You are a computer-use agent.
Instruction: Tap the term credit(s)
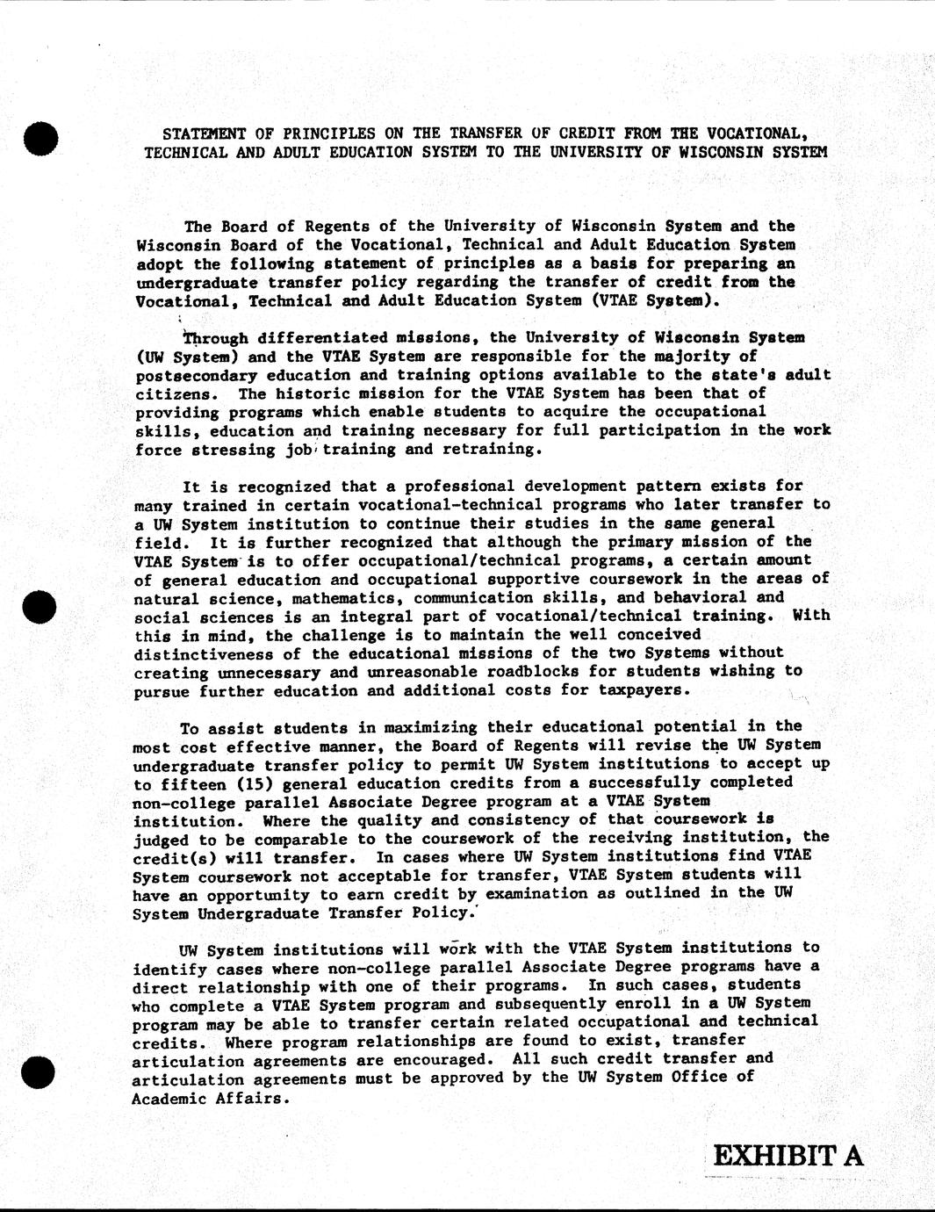(x=169, y=857)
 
